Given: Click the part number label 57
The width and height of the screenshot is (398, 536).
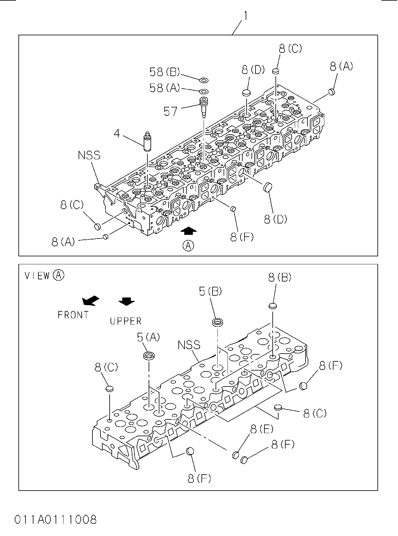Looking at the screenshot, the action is tap(170, 111).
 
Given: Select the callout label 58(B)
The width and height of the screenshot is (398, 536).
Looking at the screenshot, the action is tap(165, 72).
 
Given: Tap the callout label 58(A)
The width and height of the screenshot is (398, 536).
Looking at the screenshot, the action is tap(165, 88).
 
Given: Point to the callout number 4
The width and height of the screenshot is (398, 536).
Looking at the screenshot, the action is tap(117, 133).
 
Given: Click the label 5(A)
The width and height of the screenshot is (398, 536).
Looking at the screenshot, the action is tap(148, 337).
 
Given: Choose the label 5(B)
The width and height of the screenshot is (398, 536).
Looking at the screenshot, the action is tap(210, 291).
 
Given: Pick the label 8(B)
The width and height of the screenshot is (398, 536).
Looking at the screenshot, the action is tap(280, 277).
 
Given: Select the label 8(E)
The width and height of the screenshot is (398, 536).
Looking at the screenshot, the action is tap(262, 429).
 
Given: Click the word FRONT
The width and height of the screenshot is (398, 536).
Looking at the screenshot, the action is tap(73, 315).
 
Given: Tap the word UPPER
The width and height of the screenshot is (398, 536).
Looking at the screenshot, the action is tap(126, 321).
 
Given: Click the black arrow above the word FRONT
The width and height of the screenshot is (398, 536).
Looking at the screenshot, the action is tap(91, 301).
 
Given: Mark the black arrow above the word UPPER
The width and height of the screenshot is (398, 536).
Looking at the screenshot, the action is tap(127, 301).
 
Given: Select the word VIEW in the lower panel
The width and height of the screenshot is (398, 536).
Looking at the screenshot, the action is tap(37, 275).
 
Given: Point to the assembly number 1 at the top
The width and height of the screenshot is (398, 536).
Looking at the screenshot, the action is tap(246, 16).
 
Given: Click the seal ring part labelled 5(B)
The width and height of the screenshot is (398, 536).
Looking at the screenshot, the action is tap(217, 322).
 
